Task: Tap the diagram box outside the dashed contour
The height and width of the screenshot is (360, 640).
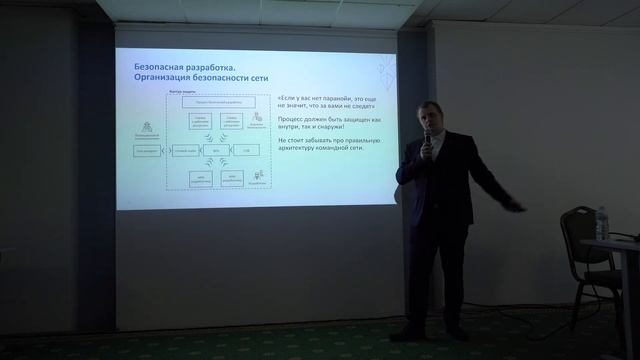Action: tap(146, 150)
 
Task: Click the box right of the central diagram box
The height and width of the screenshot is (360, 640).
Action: tap(246, 150)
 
